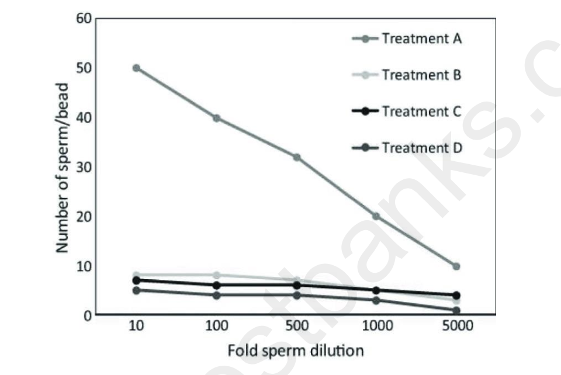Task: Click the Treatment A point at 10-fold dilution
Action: click(136, 68)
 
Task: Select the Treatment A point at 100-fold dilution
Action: click(216, 118)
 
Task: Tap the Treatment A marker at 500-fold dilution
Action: click(296, 157)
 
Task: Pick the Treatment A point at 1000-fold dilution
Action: click(376, 216)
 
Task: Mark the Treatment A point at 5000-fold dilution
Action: click(456, 266)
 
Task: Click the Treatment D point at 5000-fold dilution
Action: click(456, 310)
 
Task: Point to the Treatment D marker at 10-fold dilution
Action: click(136, 290)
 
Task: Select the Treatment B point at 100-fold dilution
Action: click(216, 275)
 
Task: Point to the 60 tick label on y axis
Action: click(84, 19)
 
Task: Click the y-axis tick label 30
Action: click(84, 167)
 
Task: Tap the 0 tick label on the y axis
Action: click(88, 315)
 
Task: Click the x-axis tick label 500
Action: click(296, 328)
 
